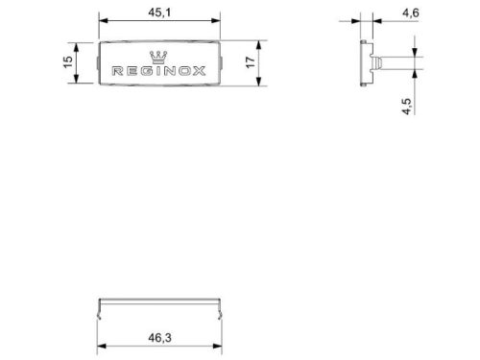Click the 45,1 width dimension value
click(x=159, y=13)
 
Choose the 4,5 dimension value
click(x=407, y=103)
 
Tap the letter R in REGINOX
click(x=117, y=71)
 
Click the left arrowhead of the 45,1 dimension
click(x=102, y=22)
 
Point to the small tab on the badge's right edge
click(x=224, y=65)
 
